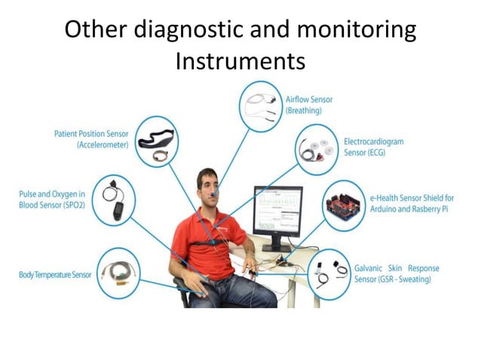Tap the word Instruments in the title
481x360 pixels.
coord(240,60)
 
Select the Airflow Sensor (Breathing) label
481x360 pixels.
coord(309,105)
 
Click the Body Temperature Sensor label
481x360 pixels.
coord(54,275)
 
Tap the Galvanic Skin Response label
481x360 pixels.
coord(397,273)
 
